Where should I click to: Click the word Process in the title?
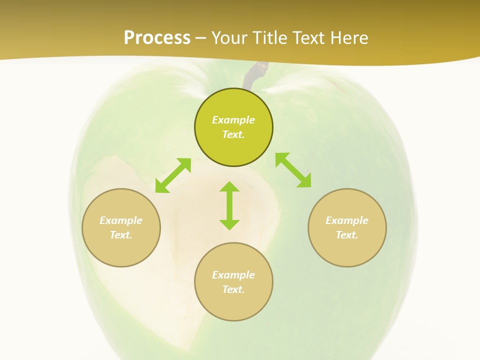click(x=157, y=38)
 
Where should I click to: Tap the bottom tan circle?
click(x=233, y=305)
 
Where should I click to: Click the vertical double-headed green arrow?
click(x=229, y=205)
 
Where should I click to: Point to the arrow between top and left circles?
click(x=173, y=175)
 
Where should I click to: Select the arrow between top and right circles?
click(x=293, y=170)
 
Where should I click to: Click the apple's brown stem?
click(x=253, y=76)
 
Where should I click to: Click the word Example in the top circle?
click(x=233, y=120)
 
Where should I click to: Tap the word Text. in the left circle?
click(x=121, y=235)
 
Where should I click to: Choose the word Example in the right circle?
click(x=347, y=220)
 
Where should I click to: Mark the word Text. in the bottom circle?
click(x=233, y=289)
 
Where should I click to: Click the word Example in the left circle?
click(x=121, y=220)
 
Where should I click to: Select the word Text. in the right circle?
click(x=347, y=235)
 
